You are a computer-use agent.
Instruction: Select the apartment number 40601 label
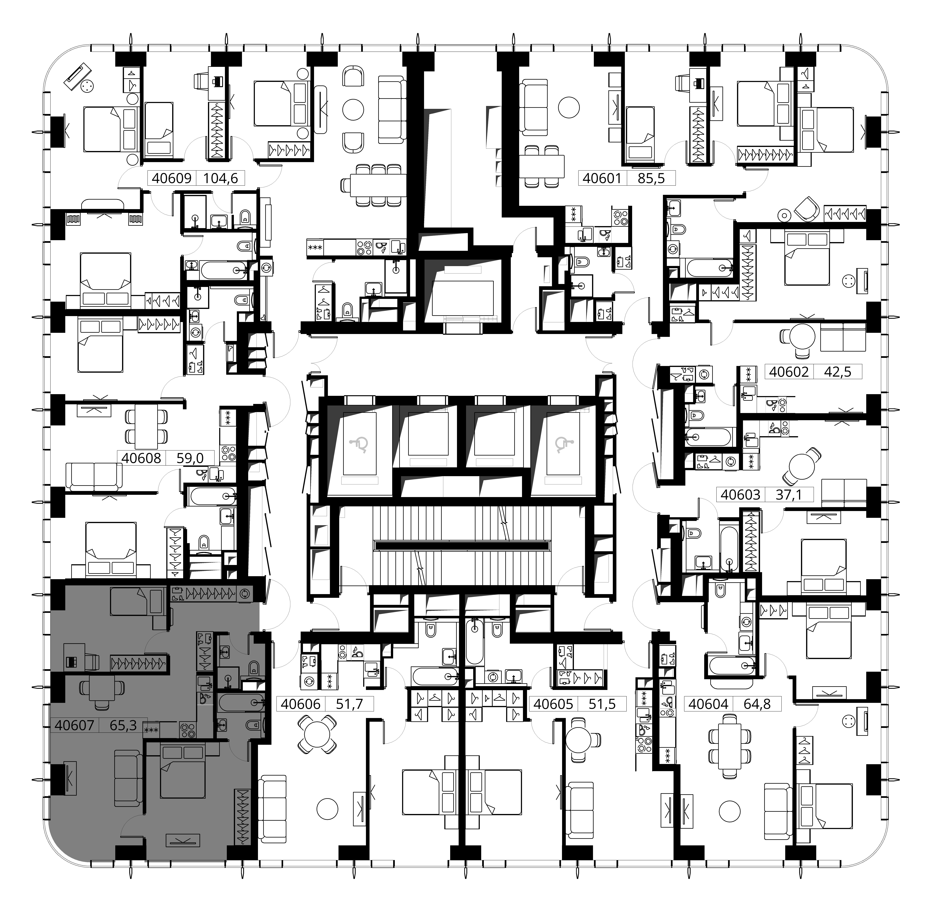click(x=602, y=179)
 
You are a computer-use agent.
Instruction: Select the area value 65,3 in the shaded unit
click(x=123, y=725)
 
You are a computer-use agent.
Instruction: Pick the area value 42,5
click(x=838, y=371)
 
